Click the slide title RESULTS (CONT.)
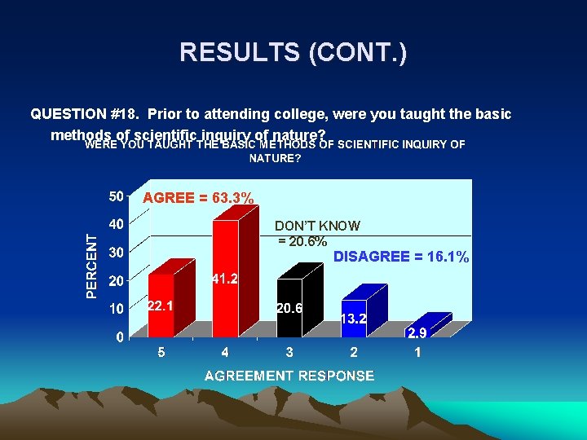pyautogui.click(x=293, y=53)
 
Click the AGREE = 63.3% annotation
pyautogui.click(x=198, y=198)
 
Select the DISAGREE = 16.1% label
pyautogui.click(x=401, y=257)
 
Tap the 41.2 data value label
pyautogui.click(x=225, y=279)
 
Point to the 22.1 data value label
pyautogui.click(x=160, y=306)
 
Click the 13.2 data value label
pyautogui.click(x=353, y=319)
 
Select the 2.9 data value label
pyautogui.click(x=417, y=333)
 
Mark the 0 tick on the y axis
pyautogui.click(x=119, y=337)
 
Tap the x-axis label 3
pyautogui.click(x=289, y=353)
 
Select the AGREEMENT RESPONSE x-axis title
pyautogui.click(x=289, y=376)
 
